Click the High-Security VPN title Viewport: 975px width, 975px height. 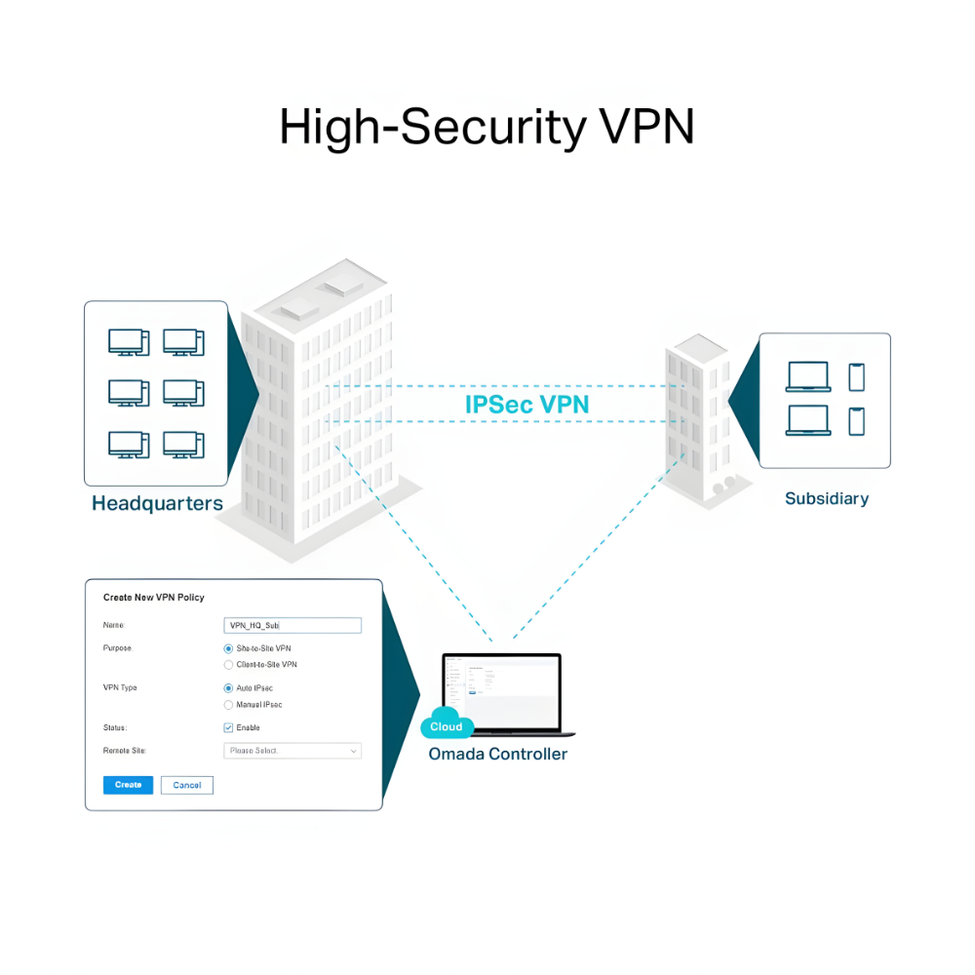pos(487,127)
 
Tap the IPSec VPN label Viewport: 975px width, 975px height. pos(526,404)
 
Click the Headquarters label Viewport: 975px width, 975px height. pos(157,504)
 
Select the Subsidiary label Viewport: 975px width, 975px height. pos(826,498)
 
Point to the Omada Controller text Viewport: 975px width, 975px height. pos(497,754)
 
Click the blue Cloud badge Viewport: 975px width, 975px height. pos(447,726)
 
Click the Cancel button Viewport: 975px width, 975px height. pos(186,785)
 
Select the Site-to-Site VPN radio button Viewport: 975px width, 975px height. pos(228,648)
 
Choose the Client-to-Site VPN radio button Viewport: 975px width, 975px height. pos(228,665)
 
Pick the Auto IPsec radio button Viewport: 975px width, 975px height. pos(228,688)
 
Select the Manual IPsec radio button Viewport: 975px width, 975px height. pos(228,705)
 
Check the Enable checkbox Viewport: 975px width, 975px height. pos(228,727)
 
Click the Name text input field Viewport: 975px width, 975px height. pos(292,626)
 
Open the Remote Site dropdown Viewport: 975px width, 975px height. pos(292,751)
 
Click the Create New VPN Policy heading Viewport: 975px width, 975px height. pos(153,597)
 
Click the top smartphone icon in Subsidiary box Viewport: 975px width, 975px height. pos(856,376)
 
